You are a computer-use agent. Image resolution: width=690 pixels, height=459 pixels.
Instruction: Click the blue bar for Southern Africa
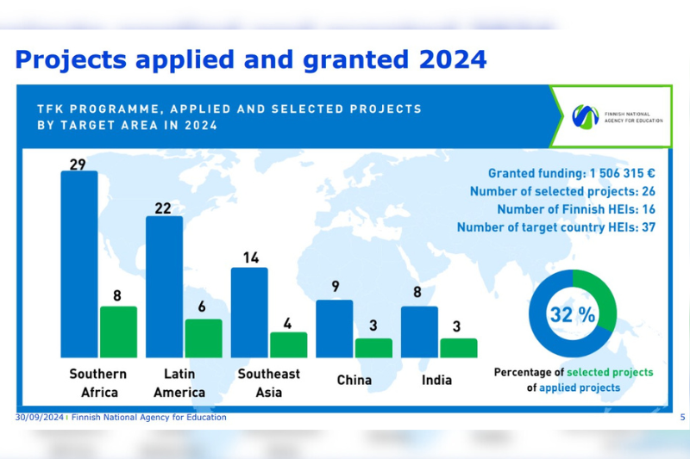(78, 264)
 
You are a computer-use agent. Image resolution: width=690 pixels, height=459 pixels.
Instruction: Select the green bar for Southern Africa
(118, 332)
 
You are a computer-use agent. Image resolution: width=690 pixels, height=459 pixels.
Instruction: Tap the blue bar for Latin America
(164, 287)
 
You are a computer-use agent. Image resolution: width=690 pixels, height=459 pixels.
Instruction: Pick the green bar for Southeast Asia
(288, 344)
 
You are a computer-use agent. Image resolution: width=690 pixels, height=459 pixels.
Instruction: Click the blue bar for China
(334, 328)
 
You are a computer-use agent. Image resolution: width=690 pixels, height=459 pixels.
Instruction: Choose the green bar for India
(458, 347)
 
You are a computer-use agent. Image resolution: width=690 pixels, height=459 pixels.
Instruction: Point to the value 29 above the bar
(78, 164)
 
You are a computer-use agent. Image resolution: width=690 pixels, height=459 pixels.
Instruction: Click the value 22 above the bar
(164, 208)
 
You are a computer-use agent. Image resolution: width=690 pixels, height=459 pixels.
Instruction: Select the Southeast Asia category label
(269, 382)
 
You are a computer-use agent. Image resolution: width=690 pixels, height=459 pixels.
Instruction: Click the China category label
(354, 380)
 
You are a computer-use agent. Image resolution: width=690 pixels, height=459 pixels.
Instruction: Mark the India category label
(436, 380)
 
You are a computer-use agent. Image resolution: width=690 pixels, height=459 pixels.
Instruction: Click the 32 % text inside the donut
(573, 315)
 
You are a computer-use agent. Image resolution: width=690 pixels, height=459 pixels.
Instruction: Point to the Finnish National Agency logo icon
(586, 115)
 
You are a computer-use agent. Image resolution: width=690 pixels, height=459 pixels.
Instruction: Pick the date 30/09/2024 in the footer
(40, 417)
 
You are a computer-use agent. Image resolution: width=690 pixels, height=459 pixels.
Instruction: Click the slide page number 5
(682, 417)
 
